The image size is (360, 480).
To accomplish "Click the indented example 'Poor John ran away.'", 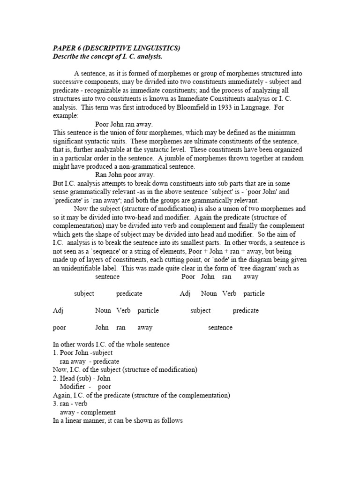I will pyautogui.click(x=123, y=124).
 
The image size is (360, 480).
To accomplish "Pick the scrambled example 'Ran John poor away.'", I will pyautogui.click(x=124, y=175).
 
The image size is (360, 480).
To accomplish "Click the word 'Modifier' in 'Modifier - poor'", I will pyautogui.click(x=72, y=386).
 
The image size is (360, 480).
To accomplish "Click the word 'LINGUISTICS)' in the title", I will pyautogui.click(x=159, y=48).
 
